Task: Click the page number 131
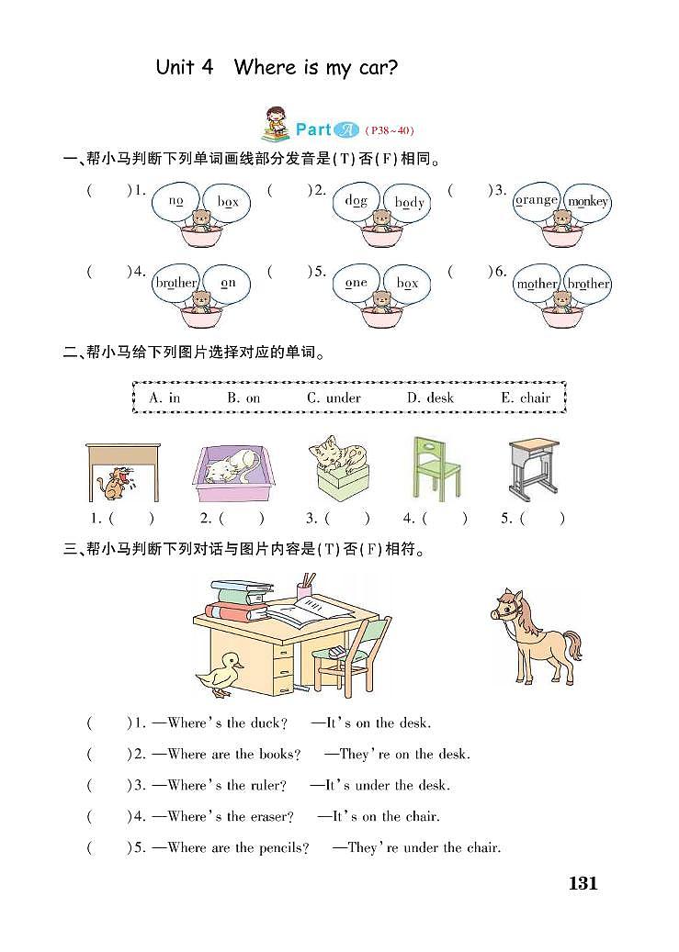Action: [583, 884]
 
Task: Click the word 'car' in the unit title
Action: [376, 67]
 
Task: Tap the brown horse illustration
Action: [533, 633]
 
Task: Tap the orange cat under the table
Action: [116, 484]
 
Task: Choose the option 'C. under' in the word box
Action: [334, 398]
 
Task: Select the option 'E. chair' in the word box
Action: [526, 398]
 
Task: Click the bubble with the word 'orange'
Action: [537, 200]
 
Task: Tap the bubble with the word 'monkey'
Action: [588, 202]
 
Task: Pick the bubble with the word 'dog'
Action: [356, 201]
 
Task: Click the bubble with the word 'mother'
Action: [537, 284]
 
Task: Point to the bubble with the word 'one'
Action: [356, 284]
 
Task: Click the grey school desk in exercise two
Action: [536, 467]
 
